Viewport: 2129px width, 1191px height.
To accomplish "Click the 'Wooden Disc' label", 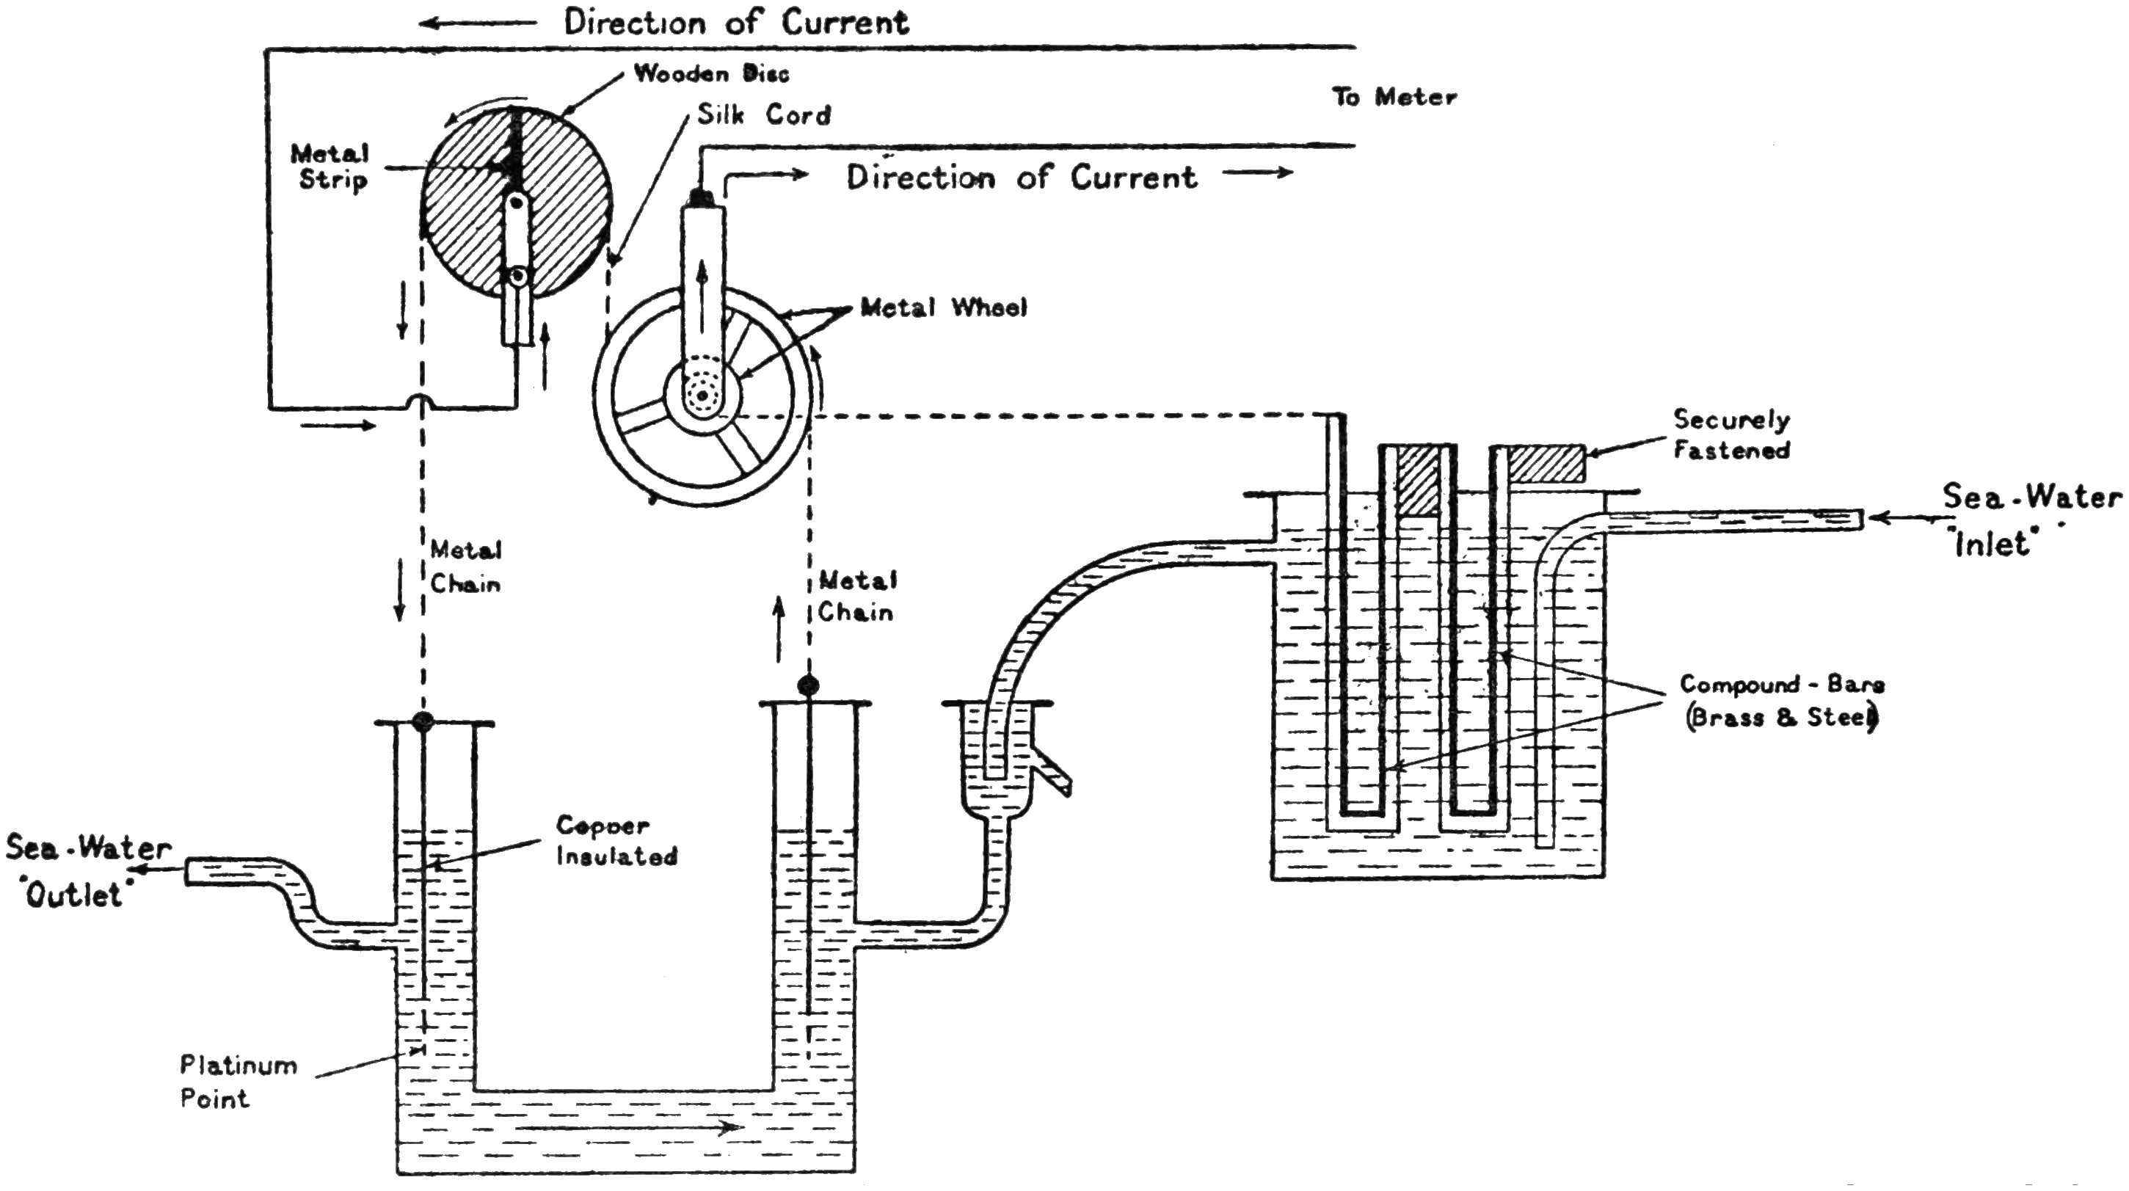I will coord(711,73).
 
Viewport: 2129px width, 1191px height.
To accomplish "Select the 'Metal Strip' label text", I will coord(330,166).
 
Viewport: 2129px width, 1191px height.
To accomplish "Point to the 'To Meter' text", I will coord(1394,98).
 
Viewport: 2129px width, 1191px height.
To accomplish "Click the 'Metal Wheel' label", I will coord(943,308).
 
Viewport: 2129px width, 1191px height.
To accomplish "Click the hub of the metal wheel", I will coord(702,396).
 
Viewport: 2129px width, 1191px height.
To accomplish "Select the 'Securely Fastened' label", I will coord(1731,434).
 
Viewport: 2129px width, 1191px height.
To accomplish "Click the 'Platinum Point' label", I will coord(237,1082).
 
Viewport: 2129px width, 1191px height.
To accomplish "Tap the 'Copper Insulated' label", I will coord(616,840).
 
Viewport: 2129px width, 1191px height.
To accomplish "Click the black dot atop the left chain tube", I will coord(422,721).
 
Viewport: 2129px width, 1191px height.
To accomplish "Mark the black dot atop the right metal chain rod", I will coord(807,685).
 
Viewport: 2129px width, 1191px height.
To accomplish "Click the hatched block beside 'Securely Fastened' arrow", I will coord(1546,465).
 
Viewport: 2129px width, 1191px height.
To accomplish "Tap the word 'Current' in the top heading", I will coord(845,22).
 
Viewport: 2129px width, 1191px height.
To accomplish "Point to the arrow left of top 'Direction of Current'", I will coord(478,23).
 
